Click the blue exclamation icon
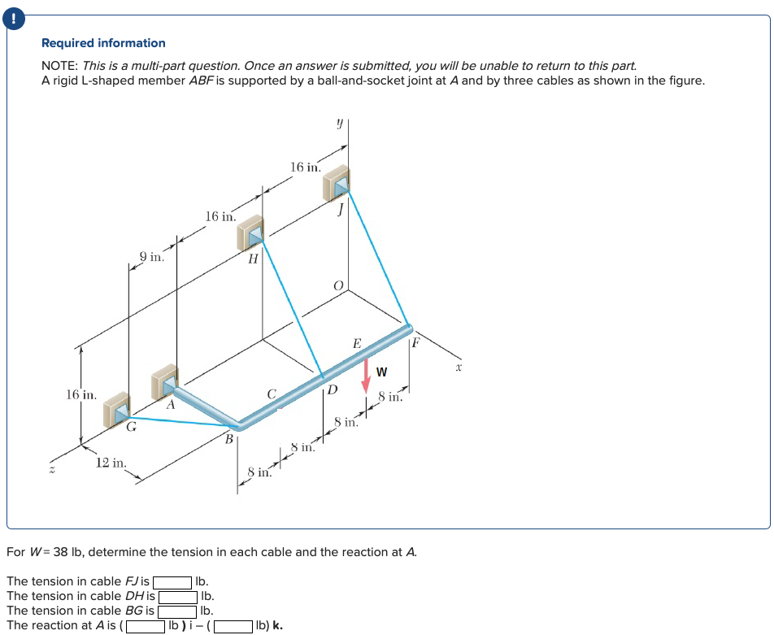point(14,14)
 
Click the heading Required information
point(103,43)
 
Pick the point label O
point(340,285)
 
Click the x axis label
point(459,368)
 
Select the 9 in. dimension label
point(152,257)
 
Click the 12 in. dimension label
point(111,463)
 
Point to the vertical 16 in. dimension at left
point(80,395)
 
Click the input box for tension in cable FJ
point(173,582)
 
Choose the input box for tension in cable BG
point(178,611)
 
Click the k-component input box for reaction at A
point(232,626)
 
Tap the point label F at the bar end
point(415,342)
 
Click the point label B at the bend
point(229,439)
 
